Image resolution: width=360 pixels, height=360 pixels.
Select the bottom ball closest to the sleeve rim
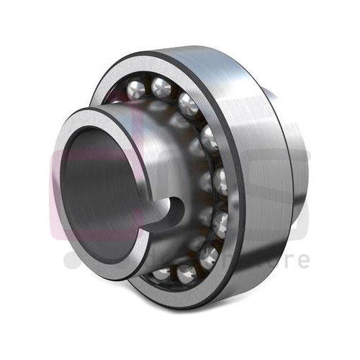(162, 274)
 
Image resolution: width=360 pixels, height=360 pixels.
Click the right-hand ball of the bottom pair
(186, 273)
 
